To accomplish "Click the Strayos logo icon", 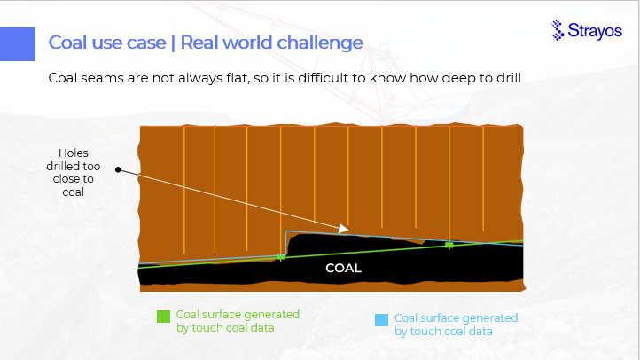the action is click(x=558, y=30).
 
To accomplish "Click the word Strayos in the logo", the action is click(x=595, y=31).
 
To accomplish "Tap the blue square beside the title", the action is click(x=18, y=44).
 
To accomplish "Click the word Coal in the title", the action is click(x=66, y=43).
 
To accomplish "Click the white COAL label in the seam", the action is click(x=343, y=268).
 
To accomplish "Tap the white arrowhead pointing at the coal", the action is click(x=344, y=229).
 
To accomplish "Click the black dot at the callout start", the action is click(x=118, y=169).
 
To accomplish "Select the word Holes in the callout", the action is click(x=74, y=153).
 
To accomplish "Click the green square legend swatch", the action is click(x=164, y=317).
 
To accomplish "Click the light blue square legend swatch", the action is click(x=382, y=320).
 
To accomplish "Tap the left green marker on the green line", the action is click(x=280, y=257).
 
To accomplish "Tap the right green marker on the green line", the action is click(x=449, y=246).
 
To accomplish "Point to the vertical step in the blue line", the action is click(x=285, y=244).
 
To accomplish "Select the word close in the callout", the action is click(x=67, y=179).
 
